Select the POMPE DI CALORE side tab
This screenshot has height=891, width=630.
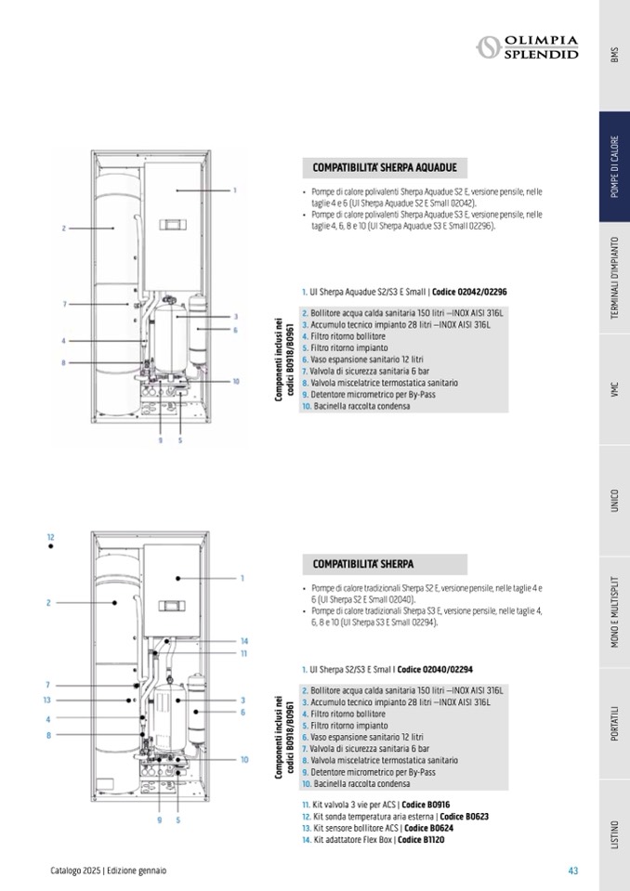pyautogui.click(x=614, y=167)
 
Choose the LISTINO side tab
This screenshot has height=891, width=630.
pyautogui.click(x=614, y=835)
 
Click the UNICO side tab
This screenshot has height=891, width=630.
pyautogui.click(x=614, y=501)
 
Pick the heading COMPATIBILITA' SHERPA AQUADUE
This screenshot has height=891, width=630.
pyautogui.click(x=384, y=167)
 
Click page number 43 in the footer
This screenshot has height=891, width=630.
pyautogui.click(x=573, y=871)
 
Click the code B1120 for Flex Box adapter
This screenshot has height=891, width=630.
pyautogui.click(x=427, y=841)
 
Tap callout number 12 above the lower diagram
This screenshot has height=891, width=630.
pyautogui.click(x=51, y=537)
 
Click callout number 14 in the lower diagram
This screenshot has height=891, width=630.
pyautogui.click(x=243, y=641)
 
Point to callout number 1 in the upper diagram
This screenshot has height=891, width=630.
pyautogui.click(x=235, y=190)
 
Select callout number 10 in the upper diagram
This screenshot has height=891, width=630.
pyautogui.click(x=236, y=381)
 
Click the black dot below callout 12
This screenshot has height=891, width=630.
pyautogui.click(x=51, y=547)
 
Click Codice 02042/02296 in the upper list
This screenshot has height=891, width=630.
pyautogui.click(x=469, y=292)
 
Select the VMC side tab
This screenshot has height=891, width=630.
pyautogui.click(x=614, y=390)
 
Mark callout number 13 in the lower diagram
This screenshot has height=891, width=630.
pyautogui.click(x=46, y=701)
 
